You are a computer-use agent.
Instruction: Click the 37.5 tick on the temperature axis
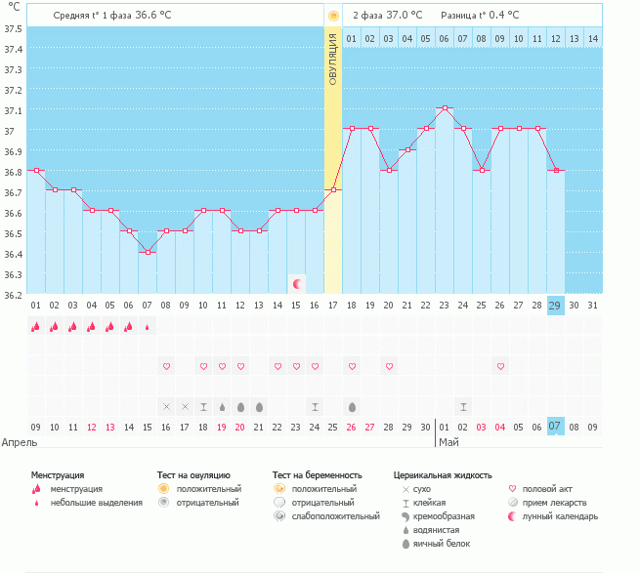14,27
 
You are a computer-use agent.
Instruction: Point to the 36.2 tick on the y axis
14,294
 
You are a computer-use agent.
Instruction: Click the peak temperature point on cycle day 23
445,108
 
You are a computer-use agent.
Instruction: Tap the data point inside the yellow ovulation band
333,189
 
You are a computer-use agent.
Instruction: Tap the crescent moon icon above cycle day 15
296,283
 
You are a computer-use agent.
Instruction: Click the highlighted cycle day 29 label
555,306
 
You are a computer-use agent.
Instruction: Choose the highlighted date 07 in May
555,427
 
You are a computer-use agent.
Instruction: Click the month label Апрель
20,442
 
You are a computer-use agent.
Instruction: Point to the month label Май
448,442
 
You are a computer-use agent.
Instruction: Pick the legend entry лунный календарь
560,515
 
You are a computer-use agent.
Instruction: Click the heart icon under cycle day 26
500,366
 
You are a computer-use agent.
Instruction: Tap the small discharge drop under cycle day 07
148,327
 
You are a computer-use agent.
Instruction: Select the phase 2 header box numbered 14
592,39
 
